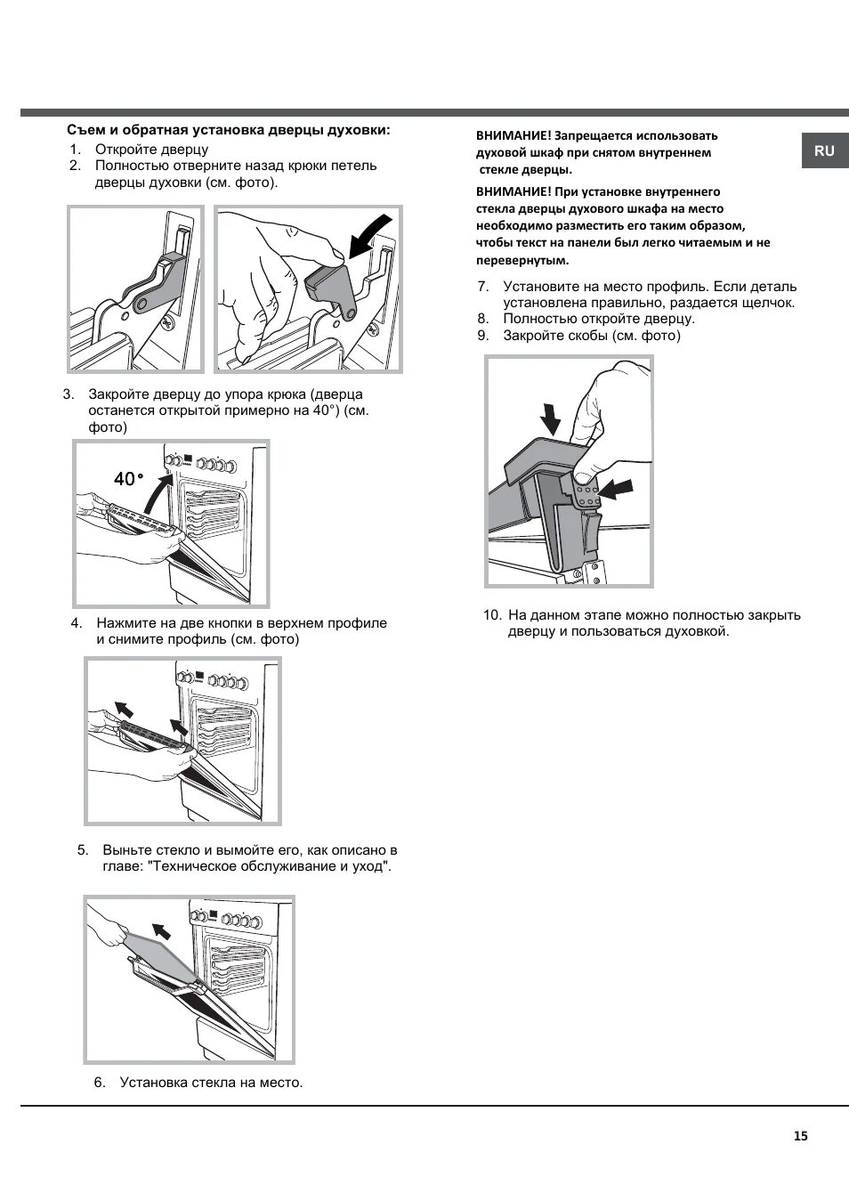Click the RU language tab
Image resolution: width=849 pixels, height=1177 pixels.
824,150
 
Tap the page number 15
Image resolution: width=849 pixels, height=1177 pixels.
800,1135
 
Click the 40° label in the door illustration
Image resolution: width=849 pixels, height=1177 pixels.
128,479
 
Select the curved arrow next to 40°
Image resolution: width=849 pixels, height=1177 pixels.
158,490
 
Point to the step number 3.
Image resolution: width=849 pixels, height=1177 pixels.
69,394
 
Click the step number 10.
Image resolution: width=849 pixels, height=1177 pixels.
492,615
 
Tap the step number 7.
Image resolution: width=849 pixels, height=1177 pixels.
483,287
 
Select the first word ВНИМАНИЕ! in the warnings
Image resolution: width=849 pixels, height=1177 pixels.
513,136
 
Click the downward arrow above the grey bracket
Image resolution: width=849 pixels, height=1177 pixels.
551,417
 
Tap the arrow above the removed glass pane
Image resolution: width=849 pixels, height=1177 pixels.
161,931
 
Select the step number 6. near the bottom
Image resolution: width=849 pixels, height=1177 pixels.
100,1083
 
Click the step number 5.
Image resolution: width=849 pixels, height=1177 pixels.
83,849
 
